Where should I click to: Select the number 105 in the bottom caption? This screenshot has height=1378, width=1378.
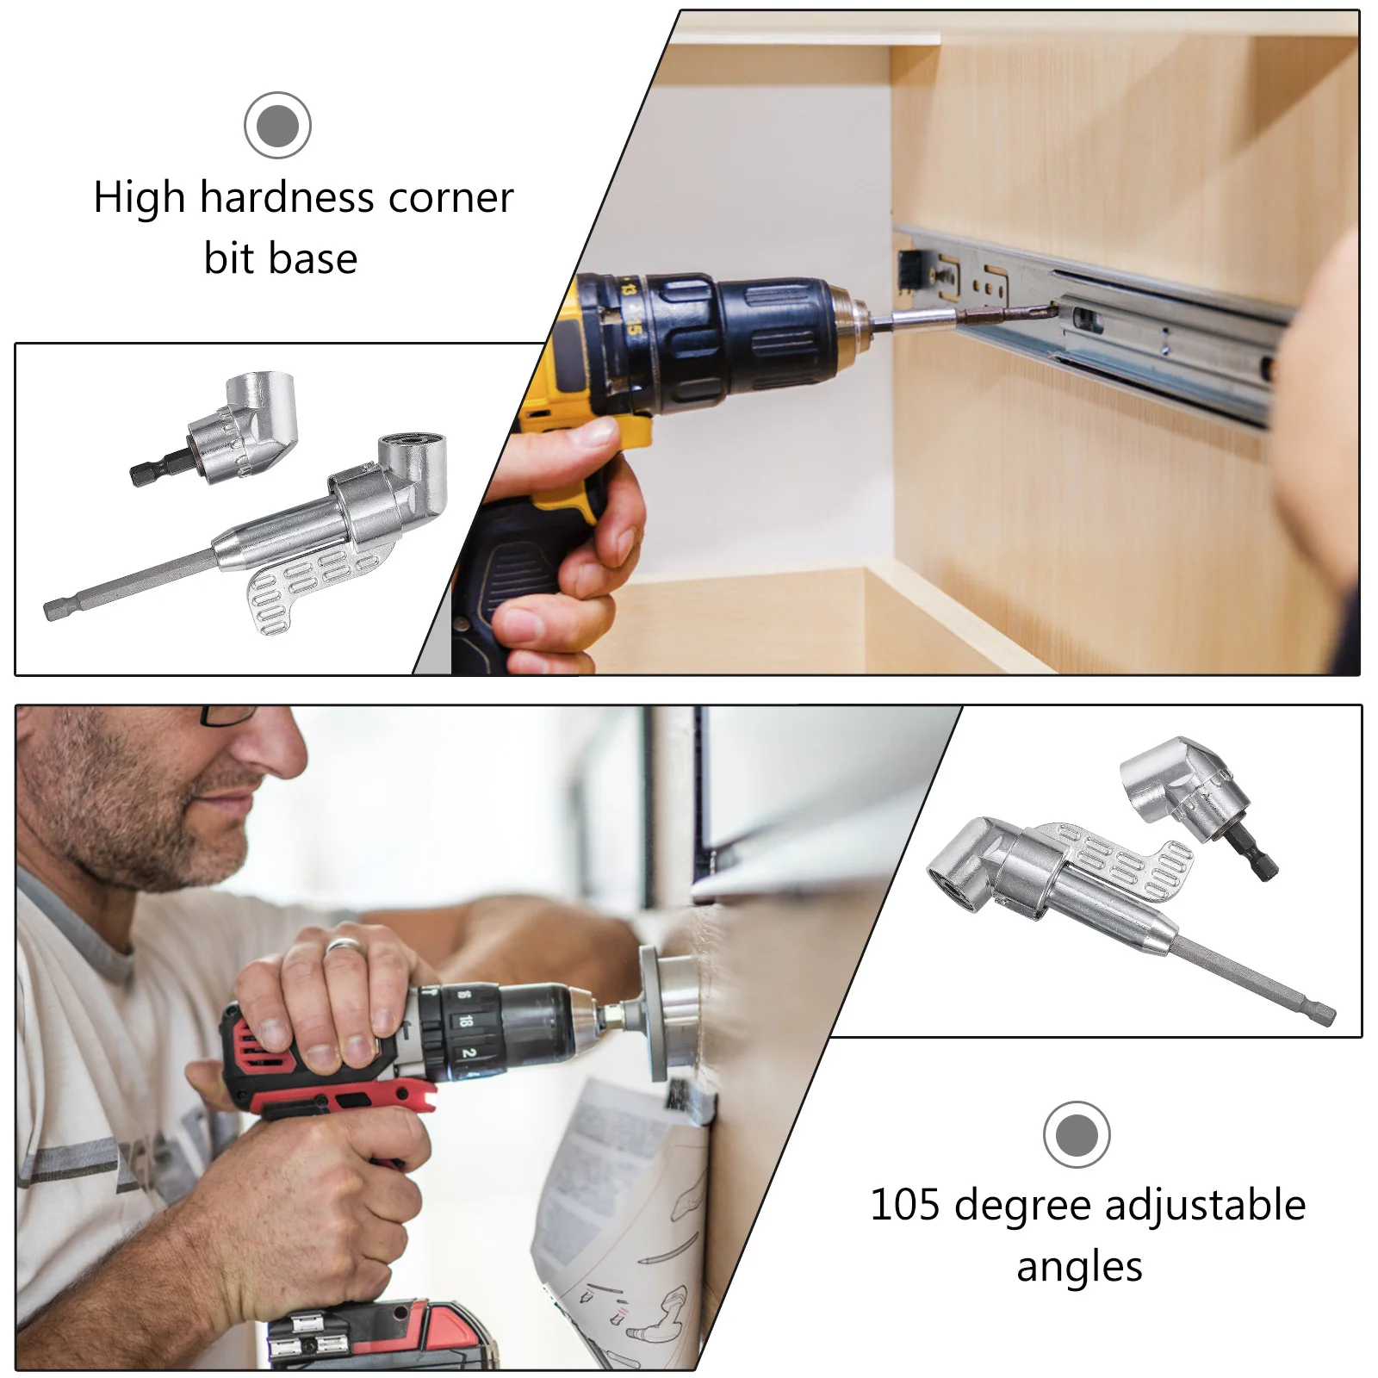[x=907, y=1205]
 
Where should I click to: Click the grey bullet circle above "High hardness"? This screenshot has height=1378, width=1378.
[x=277, y=126]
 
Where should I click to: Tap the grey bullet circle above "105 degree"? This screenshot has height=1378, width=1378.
[x=1077, y=1135]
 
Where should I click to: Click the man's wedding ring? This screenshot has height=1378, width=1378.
[x=344, y=945]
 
